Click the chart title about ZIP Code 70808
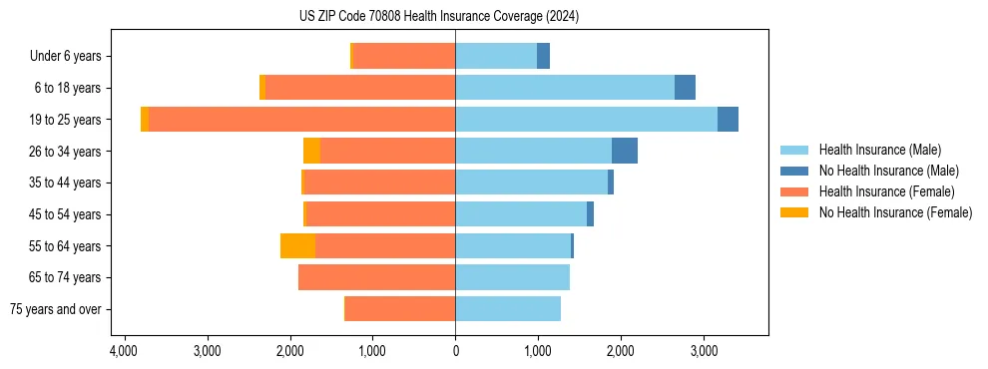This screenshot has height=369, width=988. click(439, 17)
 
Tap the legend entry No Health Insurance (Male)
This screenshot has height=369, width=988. click(888, 171)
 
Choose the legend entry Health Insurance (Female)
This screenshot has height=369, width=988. click(887, 191)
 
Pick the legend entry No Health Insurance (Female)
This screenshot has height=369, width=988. click(895, 212)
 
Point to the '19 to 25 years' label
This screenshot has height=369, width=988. click(67, 120)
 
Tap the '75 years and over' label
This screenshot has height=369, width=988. click(56, 309)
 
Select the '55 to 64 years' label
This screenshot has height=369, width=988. click(67, 246)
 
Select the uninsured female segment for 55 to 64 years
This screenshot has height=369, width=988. click(297, 245)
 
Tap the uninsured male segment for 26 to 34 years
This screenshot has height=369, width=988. click(625, 151)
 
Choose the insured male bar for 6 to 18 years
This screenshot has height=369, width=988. click(565, 88)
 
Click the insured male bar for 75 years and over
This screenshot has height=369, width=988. click(508, 309)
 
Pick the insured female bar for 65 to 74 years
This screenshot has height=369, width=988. click(377, 277)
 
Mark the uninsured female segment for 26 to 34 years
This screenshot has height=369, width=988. click(311, 151)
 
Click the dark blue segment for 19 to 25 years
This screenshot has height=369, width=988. click(728, 119)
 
